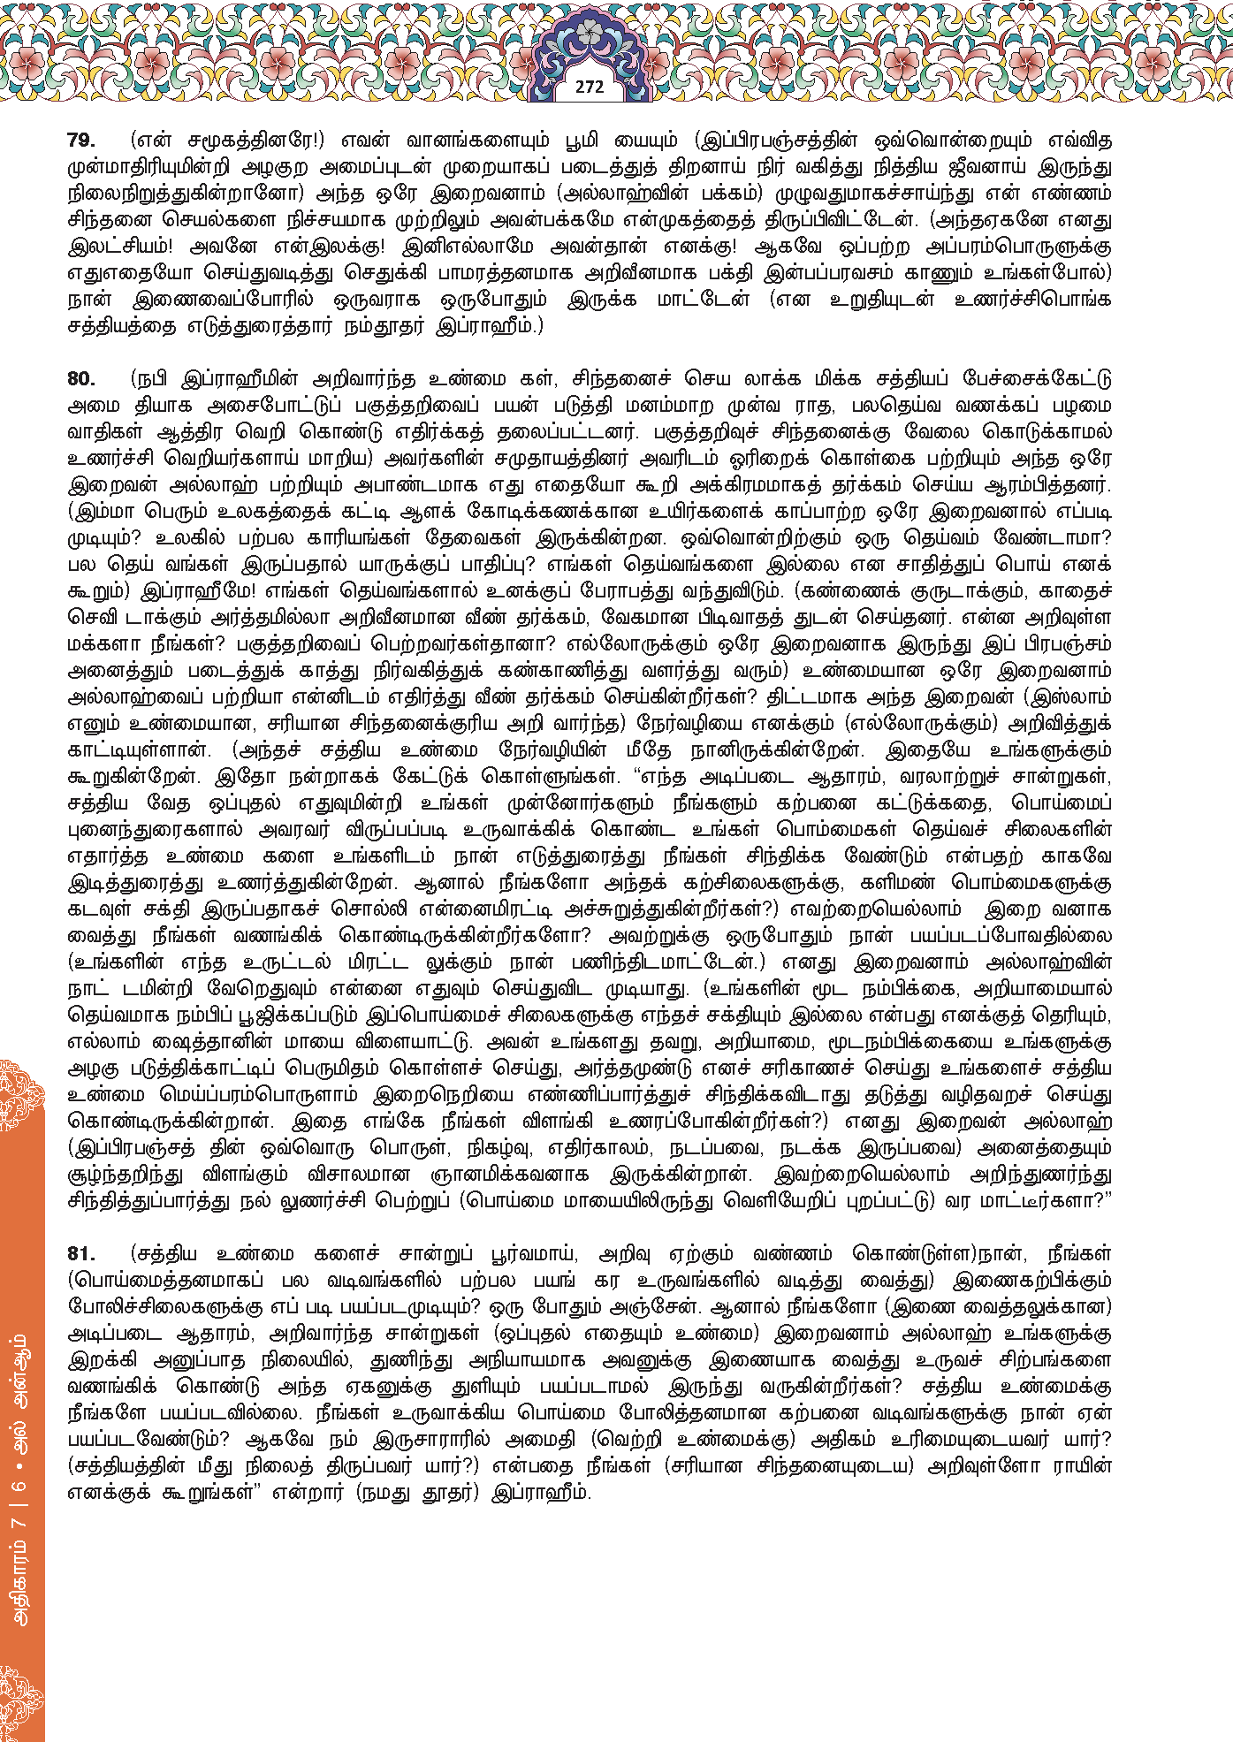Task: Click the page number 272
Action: tap(590, 87)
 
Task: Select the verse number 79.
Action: tap(81, 141)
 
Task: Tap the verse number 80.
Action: tap(81, 379)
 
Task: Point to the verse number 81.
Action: tap(81, 1254)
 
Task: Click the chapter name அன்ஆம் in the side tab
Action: tap(21, 1370)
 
